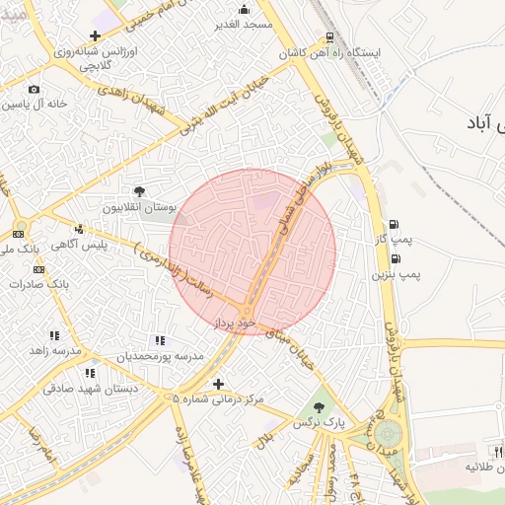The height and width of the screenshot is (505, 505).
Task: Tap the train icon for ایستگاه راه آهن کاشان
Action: [x=328, y=37]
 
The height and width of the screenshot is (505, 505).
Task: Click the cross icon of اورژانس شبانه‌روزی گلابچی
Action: [x=94, y=36]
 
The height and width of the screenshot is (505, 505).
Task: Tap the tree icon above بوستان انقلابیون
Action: [x=139, y=191]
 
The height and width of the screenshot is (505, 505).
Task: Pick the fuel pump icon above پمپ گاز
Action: [x=395, y=225]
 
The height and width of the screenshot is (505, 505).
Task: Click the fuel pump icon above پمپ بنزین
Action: [x=396, y=258]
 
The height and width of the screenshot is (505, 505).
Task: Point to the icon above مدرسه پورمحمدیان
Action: [x=160, y=339]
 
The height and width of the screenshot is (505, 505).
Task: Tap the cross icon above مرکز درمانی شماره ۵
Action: [x=218, y=384]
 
